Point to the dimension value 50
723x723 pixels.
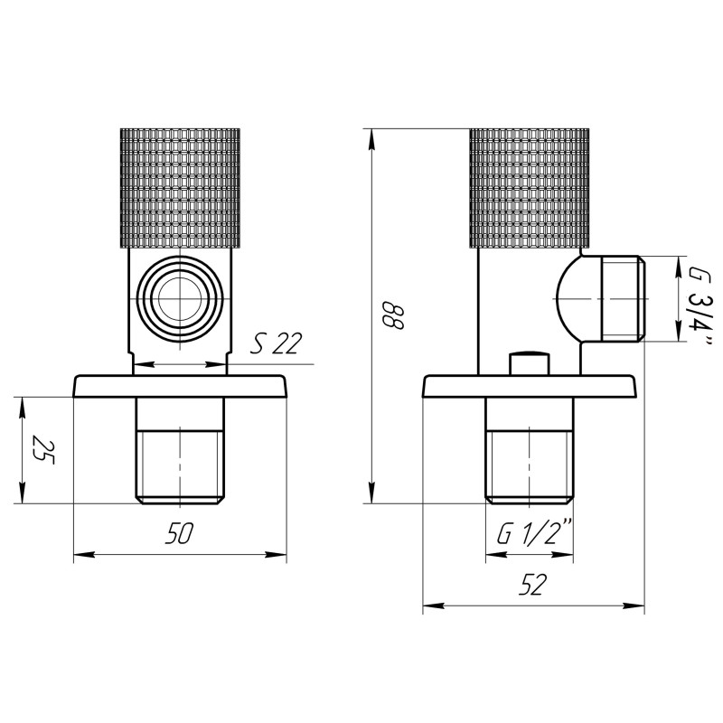(x=179, y=533)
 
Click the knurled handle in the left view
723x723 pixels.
(x=181, y=188)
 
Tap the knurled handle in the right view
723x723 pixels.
(x=530, y=188)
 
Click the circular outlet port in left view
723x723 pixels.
(x=180, y=298)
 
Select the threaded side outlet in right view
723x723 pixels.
(x=618, y=298)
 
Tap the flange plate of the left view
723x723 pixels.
(x=180, y=386)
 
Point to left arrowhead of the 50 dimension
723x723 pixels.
(x=79, y=553)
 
